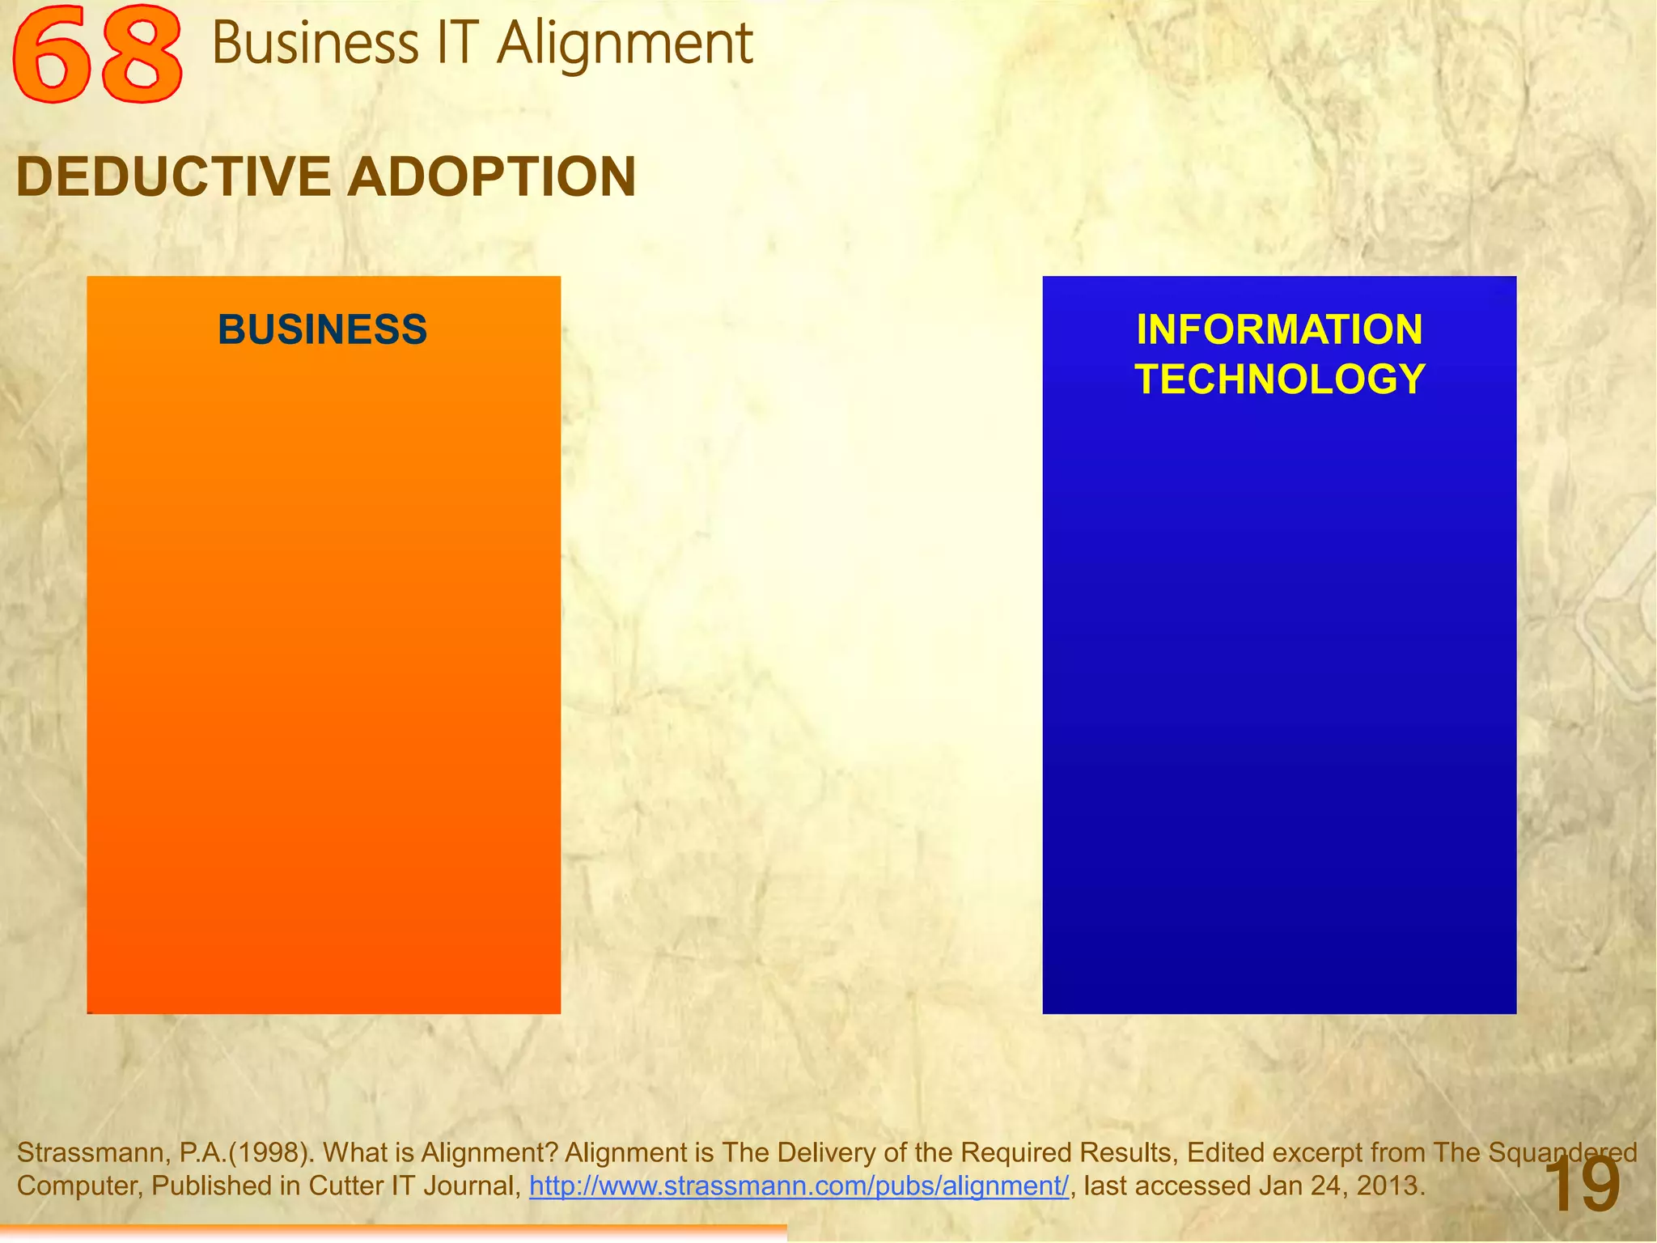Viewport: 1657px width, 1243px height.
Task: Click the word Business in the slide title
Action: point(316,44)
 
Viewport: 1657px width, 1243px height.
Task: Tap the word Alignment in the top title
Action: point(625,44)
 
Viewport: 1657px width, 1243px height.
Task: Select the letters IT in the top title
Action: point(457,44)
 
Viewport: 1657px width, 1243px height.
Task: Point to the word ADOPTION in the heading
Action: point(492,176)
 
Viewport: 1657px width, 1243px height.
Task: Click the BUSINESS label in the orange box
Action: point(322,329)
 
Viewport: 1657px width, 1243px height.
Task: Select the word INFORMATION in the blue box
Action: point(1279,329)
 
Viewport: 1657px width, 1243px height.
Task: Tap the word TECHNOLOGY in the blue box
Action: point(1279,380)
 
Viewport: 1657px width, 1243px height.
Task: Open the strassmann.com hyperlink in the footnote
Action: point(799,1186)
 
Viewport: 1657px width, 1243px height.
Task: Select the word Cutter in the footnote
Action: point(345,1186)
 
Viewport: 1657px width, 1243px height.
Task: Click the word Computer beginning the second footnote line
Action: point(78,1186)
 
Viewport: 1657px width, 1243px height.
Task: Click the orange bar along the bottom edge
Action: point(392,1232)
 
